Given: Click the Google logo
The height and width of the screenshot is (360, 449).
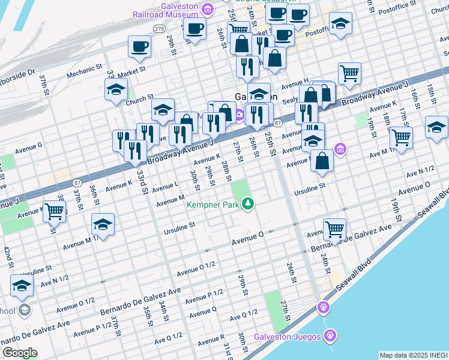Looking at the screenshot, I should click(x=20, y=352).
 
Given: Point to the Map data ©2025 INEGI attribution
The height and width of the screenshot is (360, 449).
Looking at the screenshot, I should click(x=413, y=355).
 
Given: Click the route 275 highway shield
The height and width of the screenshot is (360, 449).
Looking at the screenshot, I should click(x=159, y=28).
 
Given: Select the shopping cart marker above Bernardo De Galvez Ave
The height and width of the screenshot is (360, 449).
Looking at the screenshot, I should click(x=334, y=228).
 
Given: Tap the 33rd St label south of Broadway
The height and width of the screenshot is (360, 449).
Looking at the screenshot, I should click(x=142, y=180).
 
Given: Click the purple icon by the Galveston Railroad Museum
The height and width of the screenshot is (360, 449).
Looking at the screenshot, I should click(x=208, y=8).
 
